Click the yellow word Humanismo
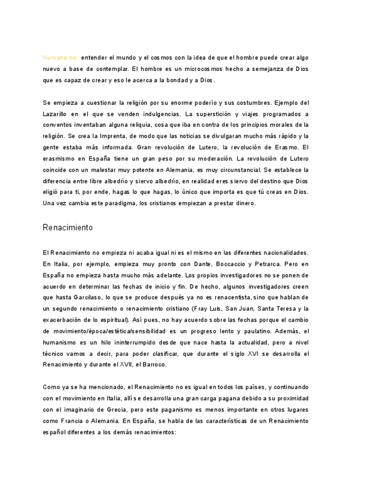(60, 58)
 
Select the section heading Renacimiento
(67, 227)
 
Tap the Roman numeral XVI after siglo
(253, 353)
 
